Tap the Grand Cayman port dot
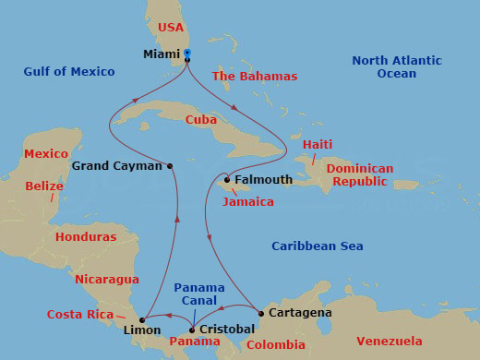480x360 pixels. [170, 166]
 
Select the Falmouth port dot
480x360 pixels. [227, 180]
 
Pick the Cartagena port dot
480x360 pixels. [261, 313]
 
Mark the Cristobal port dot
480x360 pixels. [191, 330]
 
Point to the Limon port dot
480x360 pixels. [141, 319]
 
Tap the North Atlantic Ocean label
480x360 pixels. [397, 67]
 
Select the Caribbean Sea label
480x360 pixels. [318, 246]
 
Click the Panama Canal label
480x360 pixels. [198, 294]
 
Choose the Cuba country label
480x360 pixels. [201, 120]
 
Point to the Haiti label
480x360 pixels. [318, 145]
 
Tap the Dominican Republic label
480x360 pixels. [360, 175]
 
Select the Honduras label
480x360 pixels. [86, 237]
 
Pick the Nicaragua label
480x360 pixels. [107, 279]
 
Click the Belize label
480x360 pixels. [44, 186]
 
